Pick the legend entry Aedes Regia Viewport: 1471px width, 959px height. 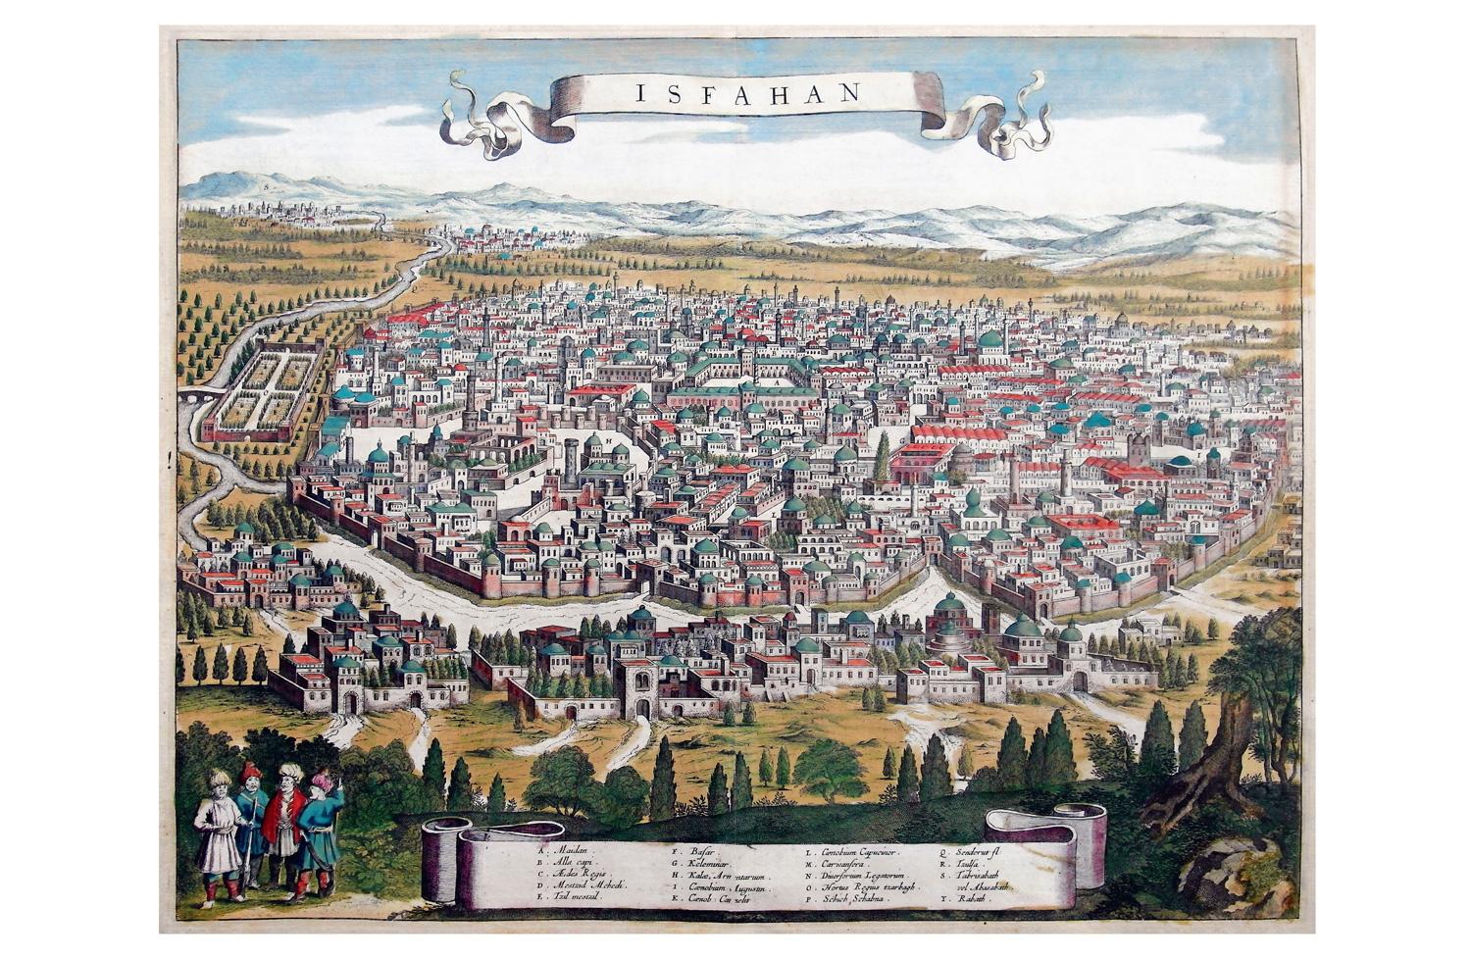pyautogui.click(x=580, y=873)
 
